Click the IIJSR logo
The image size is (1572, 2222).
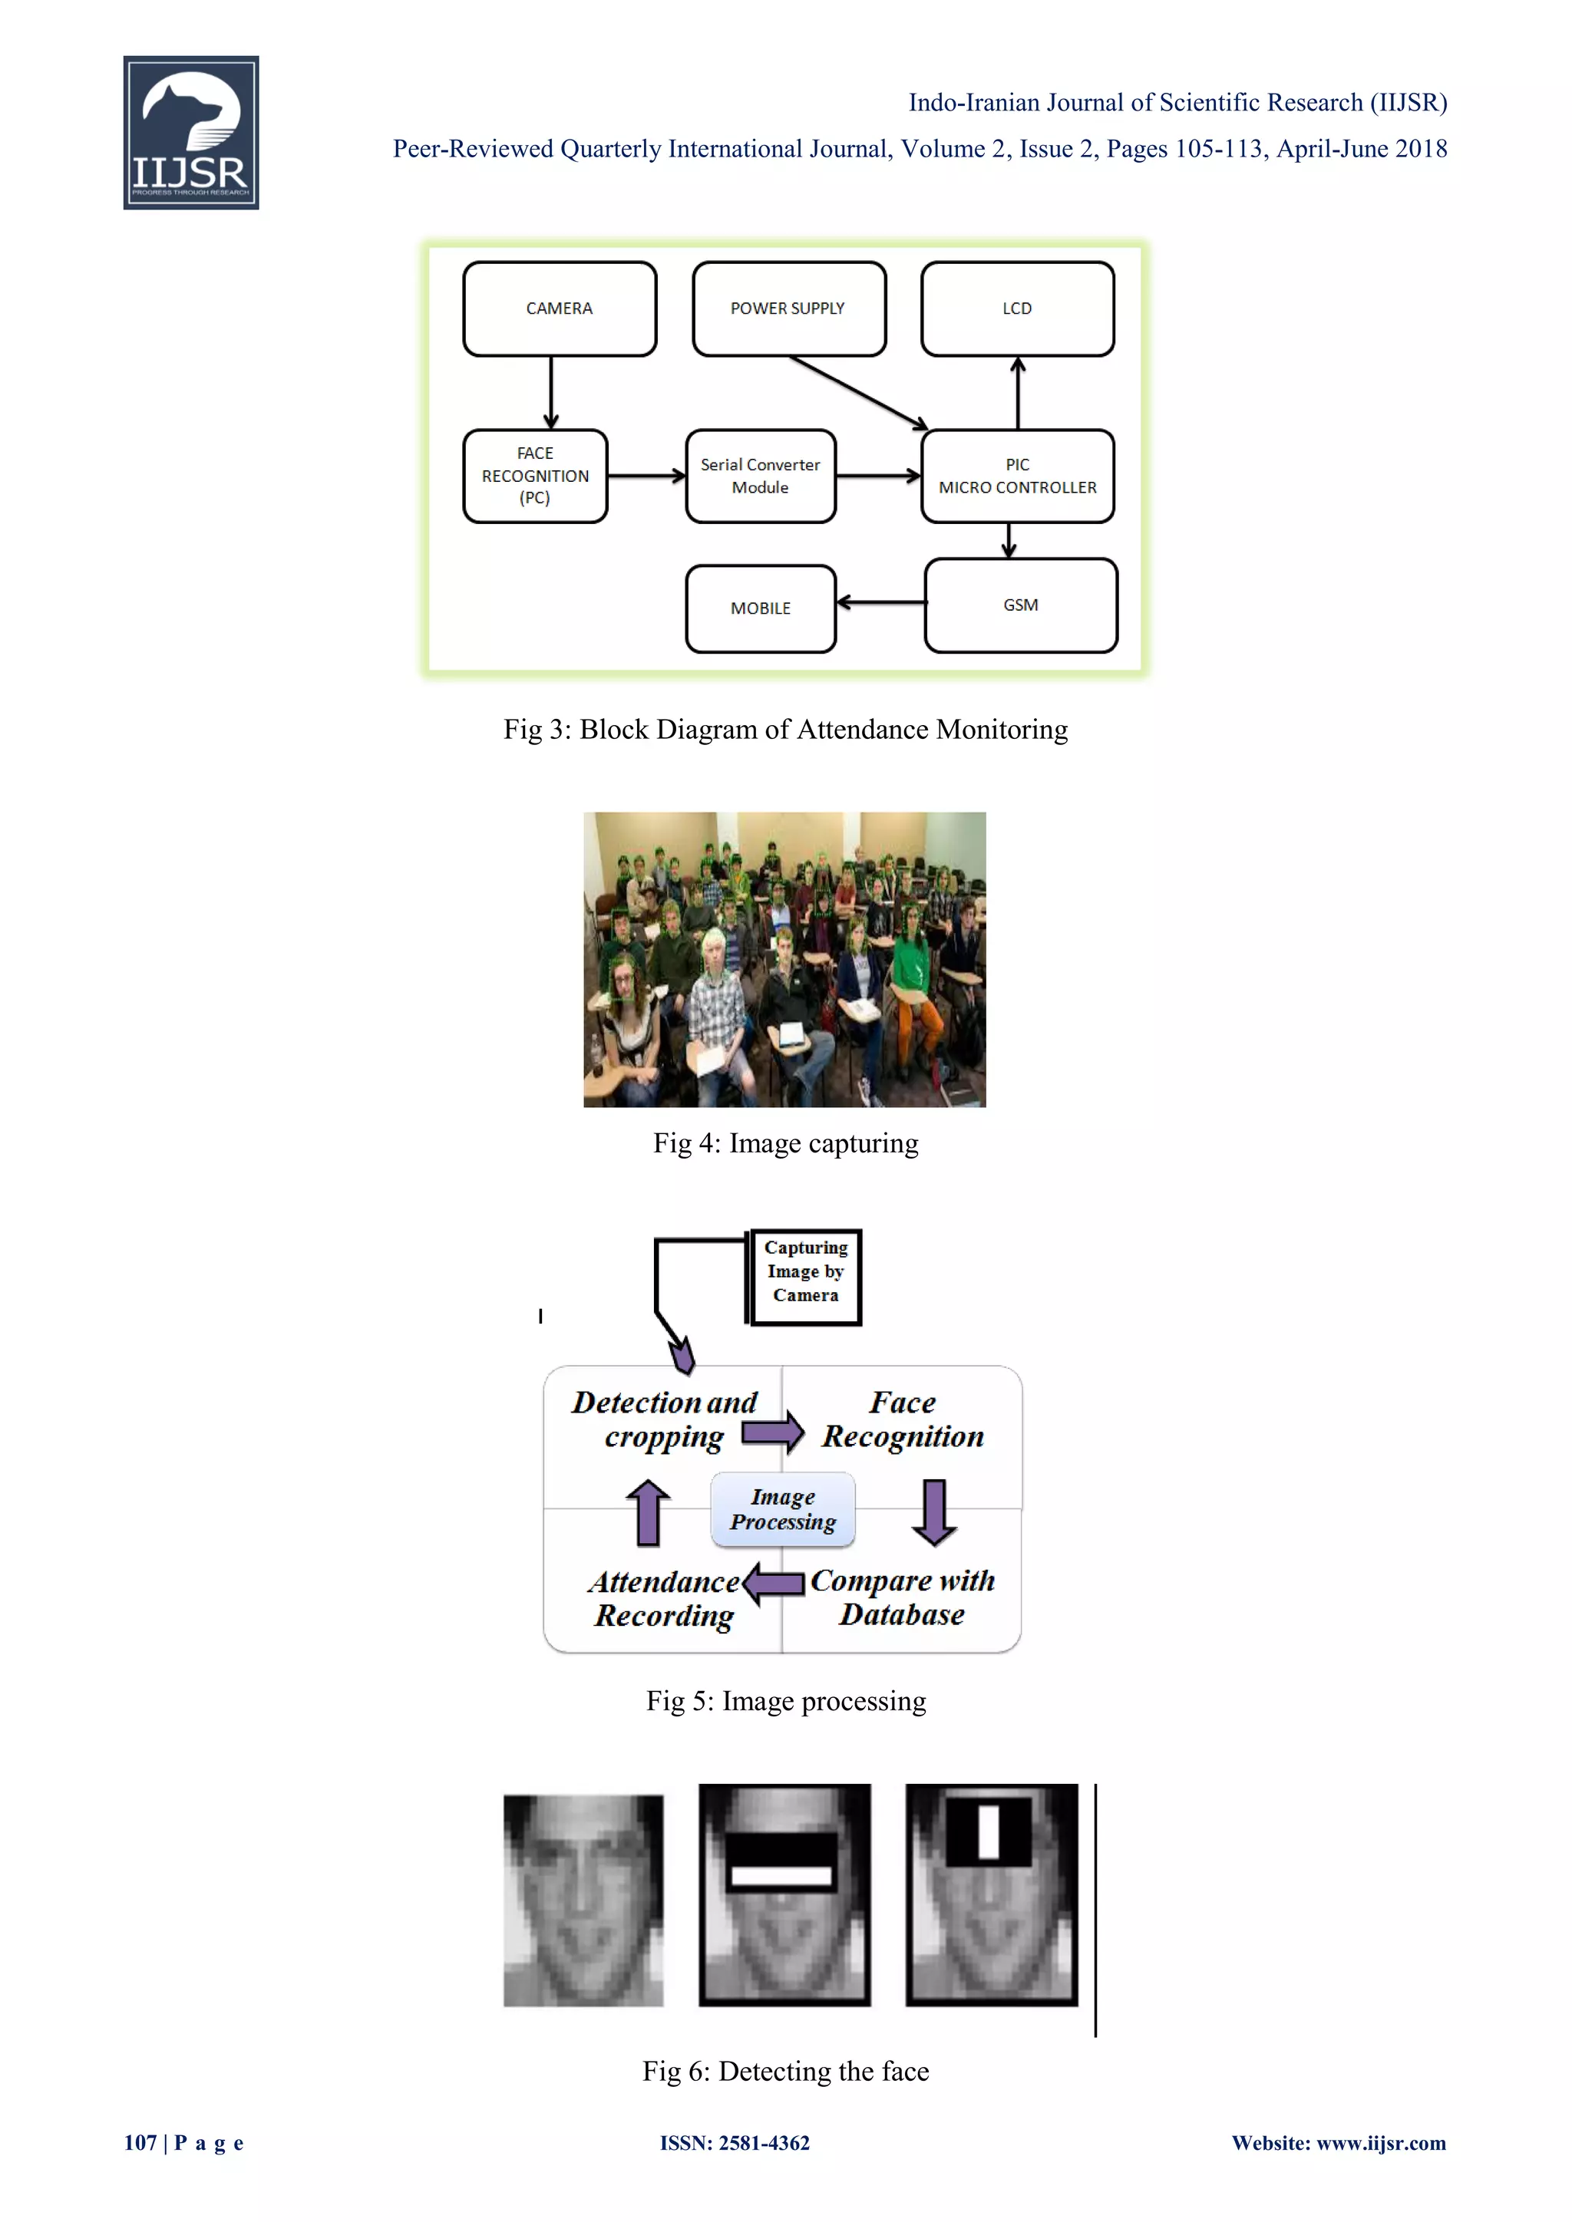[x=190, y=133]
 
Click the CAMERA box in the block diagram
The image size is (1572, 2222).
[x=560, y=308]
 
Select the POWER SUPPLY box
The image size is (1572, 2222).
[x=788, y=308]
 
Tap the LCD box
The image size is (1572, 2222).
[x=1016, y=308]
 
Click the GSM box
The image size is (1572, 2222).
[x=1020, y=605]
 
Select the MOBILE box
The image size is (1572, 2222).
[x=760, y=608]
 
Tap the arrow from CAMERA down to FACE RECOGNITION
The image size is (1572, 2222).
[x=551, y=393]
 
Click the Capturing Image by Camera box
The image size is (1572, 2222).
[x=805, y=1275]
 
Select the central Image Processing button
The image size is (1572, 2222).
[x=782, y=1508]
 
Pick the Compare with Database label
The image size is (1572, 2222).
[x=902, y=1597]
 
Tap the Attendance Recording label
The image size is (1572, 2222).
[x=664, y=1599]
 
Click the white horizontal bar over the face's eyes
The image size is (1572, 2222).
[x=781, y=1875]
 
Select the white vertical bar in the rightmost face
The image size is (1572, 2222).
[x=989, y=1831]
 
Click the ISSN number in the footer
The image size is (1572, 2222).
[x=735, y=2143]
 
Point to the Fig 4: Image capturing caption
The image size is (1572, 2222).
[x=785, y=1143]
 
